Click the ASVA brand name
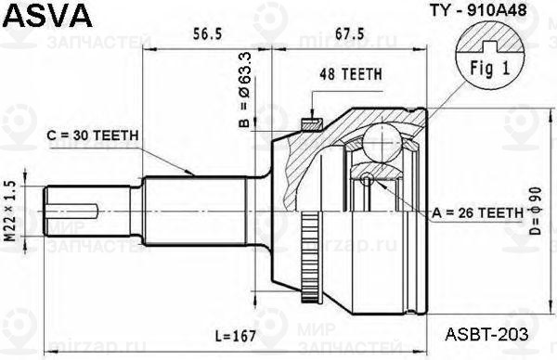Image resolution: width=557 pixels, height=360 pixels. pyautogui.click(x=48, y=15)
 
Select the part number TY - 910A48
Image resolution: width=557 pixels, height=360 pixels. pyautogui.click(x=478, y=10)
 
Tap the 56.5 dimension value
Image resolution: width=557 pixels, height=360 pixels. pyautogui.click(x=207, y=33)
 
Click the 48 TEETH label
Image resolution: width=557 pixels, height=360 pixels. pyautogui.click(x=351, y=74)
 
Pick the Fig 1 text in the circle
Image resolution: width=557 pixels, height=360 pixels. pyautogui.click(x=490, y=68)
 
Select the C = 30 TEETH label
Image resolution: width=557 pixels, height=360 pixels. pyautogui.click(x=92, y=135)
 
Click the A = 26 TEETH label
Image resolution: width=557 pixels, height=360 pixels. pyautogui.click(x=478, y=212)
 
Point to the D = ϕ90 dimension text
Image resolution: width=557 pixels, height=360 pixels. pyautogui.click(x=535, y=211)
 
